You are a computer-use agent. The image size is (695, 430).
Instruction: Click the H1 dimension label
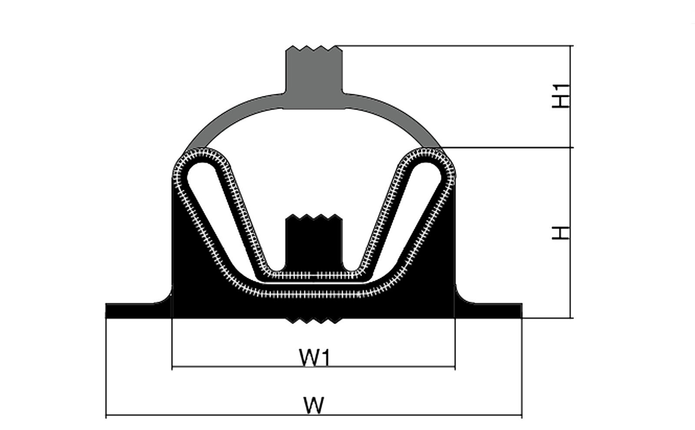[561, 96]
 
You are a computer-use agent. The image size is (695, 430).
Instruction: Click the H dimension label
[561, 233]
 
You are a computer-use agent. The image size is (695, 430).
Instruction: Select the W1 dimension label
[314, 357]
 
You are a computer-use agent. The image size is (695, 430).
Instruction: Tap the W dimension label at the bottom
[314, 405]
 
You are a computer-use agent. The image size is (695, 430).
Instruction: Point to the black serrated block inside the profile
[314, 242]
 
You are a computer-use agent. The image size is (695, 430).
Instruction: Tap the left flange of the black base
[139, 311]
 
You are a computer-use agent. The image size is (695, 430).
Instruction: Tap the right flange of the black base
[489, 311]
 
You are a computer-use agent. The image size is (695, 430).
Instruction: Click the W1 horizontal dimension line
[313, 367]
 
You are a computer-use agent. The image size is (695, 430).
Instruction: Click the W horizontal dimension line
[314, 415]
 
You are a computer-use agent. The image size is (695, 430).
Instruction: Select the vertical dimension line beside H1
[570, 96]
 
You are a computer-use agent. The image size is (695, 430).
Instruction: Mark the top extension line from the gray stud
[454, 46]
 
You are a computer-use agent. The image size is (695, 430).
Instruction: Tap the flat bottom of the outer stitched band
[313, 294]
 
